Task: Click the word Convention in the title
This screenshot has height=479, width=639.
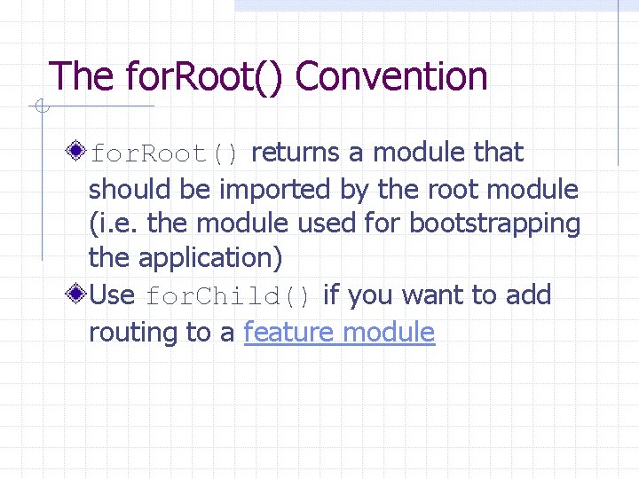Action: point(391,77)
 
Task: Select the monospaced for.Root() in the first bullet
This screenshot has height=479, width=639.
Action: point(165,153)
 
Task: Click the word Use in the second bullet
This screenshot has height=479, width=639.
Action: point(112,294)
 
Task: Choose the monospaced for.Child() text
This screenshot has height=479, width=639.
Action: point(227,295)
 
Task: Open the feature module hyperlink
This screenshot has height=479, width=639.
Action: point(339,333)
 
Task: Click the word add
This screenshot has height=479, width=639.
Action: point(527,294)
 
